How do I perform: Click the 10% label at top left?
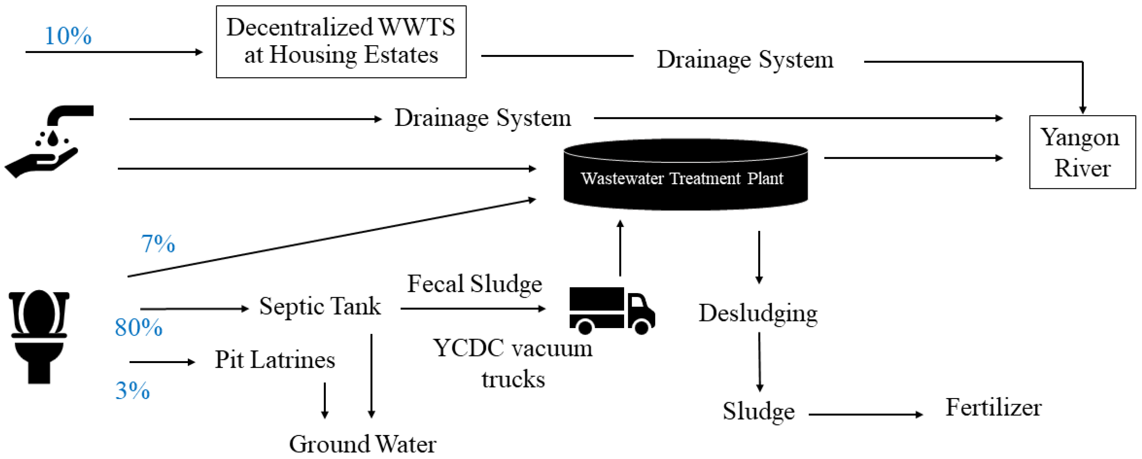[x=68, y=36]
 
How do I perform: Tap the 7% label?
[x=158, y=243]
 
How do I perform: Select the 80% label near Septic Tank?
[x=138, y=327]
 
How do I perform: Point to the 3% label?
[x=133, y=390]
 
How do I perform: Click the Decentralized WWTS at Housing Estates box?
[x=341, y=42]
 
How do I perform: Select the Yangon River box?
[x=1082, y=152]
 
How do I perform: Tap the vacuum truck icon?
[x=612, y=310]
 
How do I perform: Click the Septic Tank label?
[x=320, y=306]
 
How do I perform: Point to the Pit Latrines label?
[x=275, y=360]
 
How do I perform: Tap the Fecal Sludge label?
[x=474, y=284]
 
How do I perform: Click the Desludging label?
[x=758, y=313]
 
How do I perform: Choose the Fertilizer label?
[x=993, y=407]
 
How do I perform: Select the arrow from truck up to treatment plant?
[x=620, y=248]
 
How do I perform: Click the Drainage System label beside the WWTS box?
[x=745, y=59]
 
